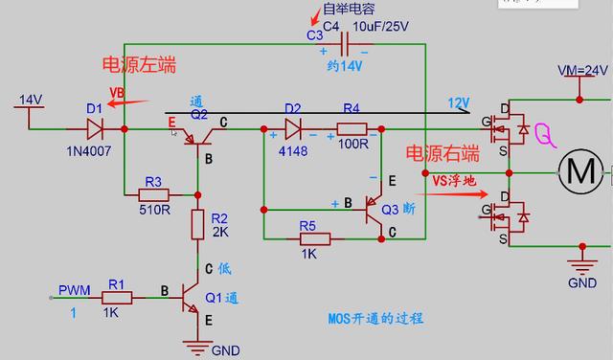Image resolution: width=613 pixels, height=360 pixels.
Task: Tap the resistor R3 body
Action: coord(154,196)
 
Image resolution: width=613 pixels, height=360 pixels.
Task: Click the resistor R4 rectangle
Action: coord(352,128)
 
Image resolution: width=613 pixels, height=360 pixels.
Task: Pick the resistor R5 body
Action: coord(308,238)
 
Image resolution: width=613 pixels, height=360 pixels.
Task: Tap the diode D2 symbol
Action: coord(293,128)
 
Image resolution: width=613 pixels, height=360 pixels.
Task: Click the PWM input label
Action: coord(74,289)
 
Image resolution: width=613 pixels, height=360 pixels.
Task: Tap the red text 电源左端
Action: coord(139,65)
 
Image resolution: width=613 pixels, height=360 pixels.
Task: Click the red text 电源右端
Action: coord(442,153)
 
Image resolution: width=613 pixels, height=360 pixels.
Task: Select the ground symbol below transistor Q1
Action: coord(198,347)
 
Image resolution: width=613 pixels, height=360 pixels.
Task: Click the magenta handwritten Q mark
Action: coord(544,133)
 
